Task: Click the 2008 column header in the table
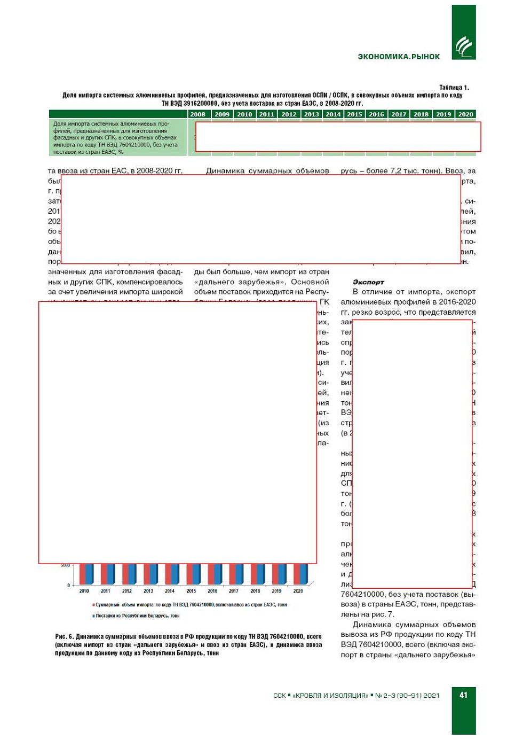tap(197, 114)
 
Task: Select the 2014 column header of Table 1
tap(333, 114)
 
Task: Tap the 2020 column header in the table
tap(465, 114)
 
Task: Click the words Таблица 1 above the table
tap(454, 88)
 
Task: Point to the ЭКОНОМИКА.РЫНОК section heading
tap(399, 57)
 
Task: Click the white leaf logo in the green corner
tap(463, 47)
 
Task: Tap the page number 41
tap(463, 695)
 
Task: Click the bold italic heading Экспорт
tap(368, 282)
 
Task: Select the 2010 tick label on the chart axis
tap(84, 591)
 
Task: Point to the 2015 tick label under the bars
tap(191, 591)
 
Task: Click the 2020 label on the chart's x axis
tap(298, 591)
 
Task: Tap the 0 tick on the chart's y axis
tap(68, 586)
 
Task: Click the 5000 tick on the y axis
tap(65, 565)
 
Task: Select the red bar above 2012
tap(125, 574)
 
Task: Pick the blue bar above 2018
tap(261, 574)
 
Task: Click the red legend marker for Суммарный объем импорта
tap(93, 605)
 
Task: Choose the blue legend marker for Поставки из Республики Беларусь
tap(93, 616)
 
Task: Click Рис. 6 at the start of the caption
tap(64, 637)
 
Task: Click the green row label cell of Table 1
tap(118, 138)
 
